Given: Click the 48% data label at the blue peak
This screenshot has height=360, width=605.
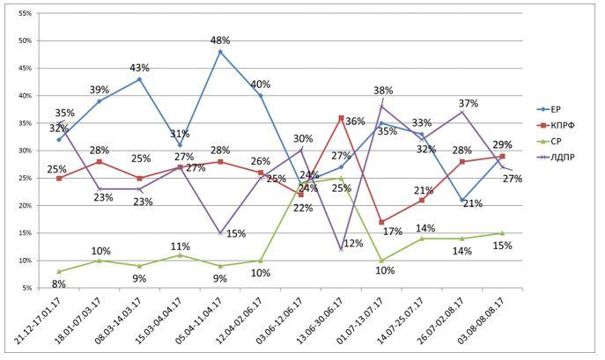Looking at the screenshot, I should coord(220,40).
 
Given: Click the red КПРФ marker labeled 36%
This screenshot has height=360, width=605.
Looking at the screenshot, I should coord(341,118).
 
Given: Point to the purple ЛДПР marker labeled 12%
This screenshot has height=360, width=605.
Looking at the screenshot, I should coord(341,249).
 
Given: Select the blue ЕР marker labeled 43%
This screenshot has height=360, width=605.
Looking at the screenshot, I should coord(139,79).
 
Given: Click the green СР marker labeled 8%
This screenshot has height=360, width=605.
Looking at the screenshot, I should coord(59,271).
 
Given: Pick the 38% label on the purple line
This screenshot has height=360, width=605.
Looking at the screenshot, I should coord(383,91).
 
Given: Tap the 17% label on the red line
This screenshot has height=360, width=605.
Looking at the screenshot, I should coord(393,232).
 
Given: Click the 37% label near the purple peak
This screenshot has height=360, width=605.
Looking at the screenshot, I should coord(469,103).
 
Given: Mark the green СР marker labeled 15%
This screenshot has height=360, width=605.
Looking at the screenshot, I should coord(502,233).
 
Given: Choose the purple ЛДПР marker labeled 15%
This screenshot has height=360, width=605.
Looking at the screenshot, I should coord(220,233).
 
